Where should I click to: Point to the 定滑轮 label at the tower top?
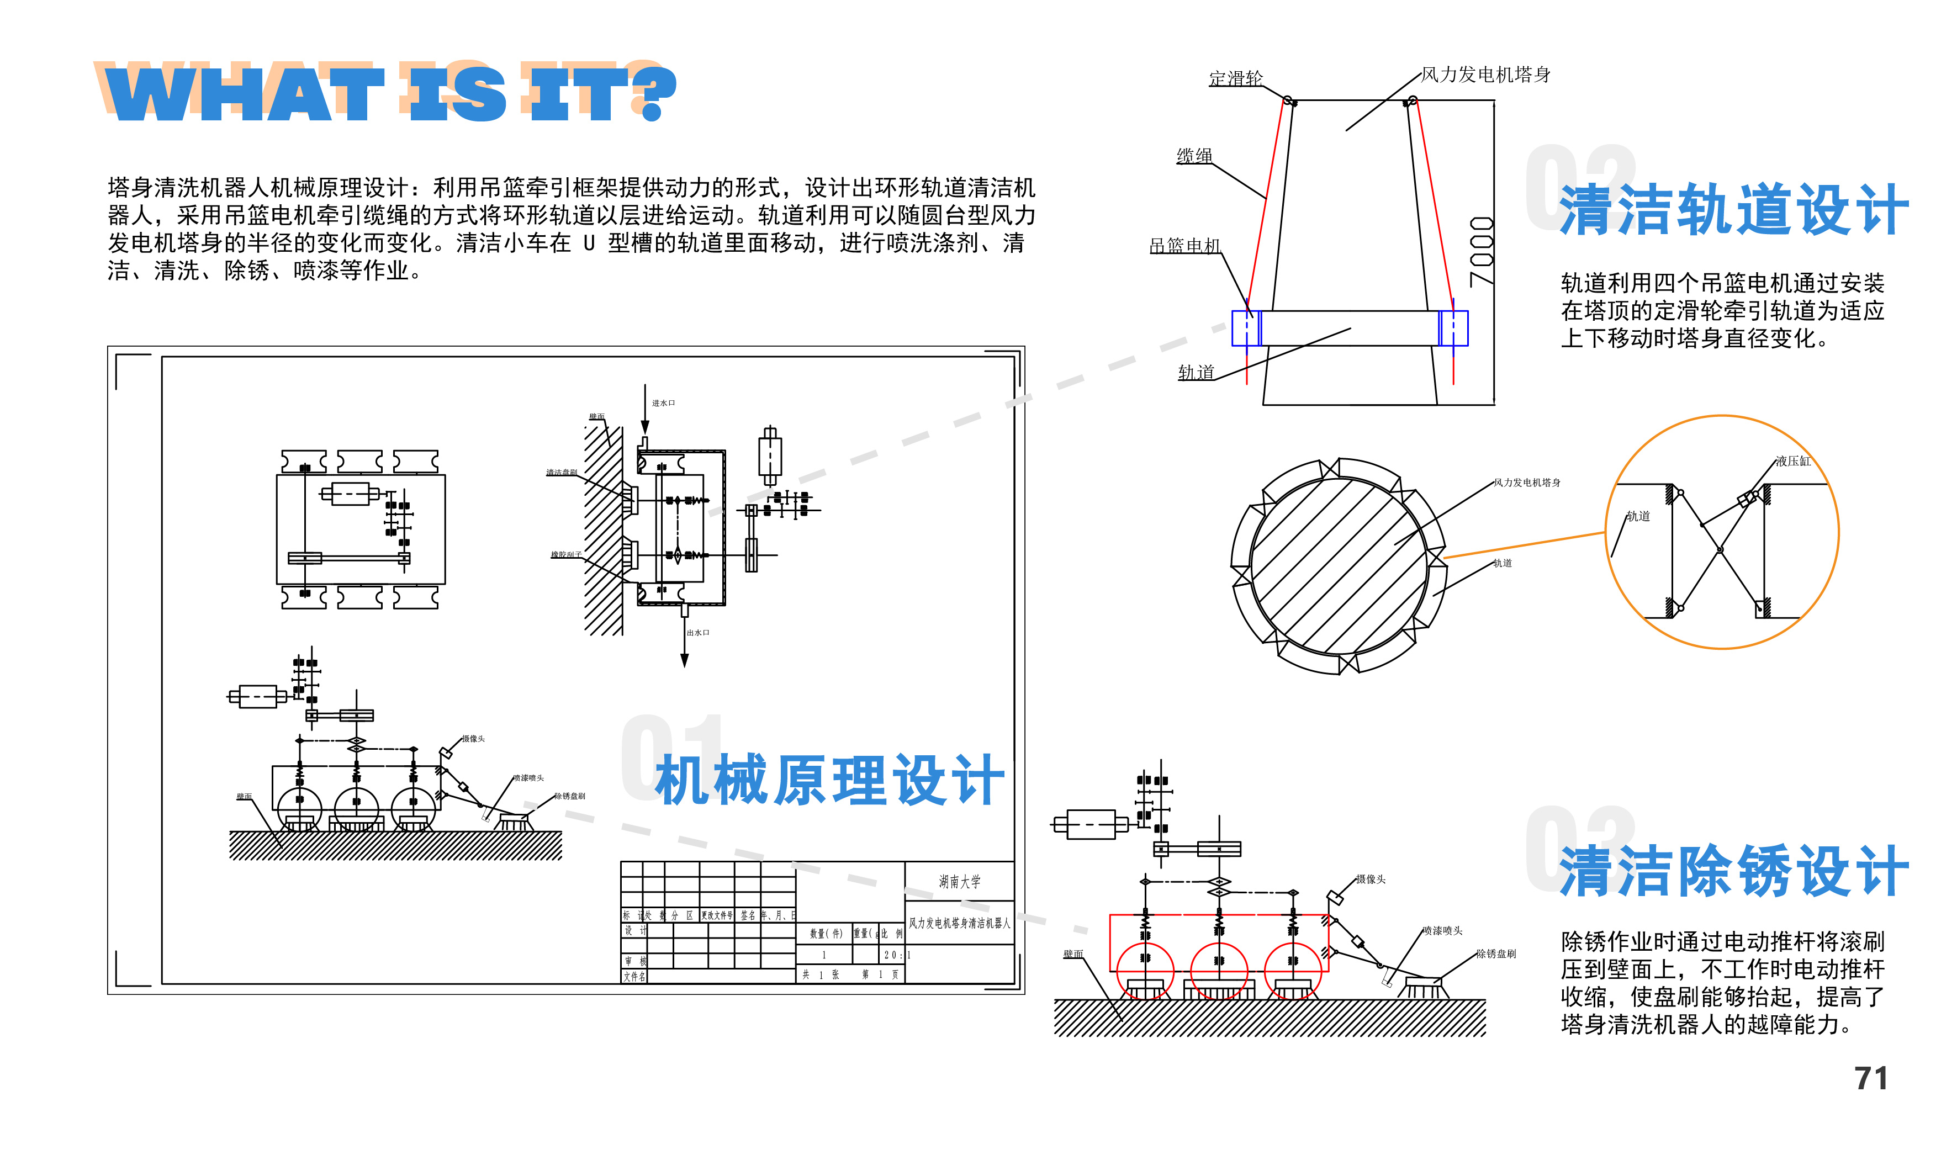1235,78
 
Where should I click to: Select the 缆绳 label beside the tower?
1194,156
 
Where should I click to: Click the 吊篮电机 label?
1185,246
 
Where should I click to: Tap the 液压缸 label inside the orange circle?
1793,461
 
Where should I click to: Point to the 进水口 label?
663,403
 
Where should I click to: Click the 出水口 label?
697,633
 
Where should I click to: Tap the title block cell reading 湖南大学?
959,882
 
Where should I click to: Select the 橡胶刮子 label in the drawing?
566,555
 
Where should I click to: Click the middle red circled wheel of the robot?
1219,971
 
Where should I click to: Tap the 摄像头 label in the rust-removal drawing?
1370,880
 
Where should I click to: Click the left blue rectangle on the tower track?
1246,329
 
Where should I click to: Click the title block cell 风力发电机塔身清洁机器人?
959,923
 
